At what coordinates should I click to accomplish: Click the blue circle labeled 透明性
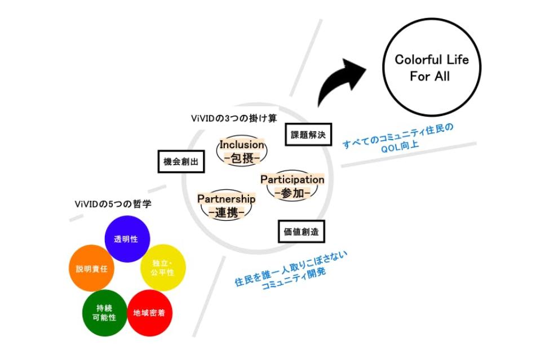[x=126, y=239]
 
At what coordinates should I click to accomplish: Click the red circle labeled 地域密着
[x=149, y=313]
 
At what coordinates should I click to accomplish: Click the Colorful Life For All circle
[x=431, y=68]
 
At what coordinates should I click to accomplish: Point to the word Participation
[x=292, y=179]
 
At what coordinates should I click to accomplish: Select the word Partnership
[x=226, y=199]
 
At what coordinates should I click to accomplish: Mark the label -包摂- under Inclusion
[x=242, y=159]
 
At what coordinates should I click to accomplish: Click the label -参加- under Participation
[x=292, y=193]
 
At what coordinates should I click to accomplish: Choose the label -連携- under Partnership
[x=226, y=212]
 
